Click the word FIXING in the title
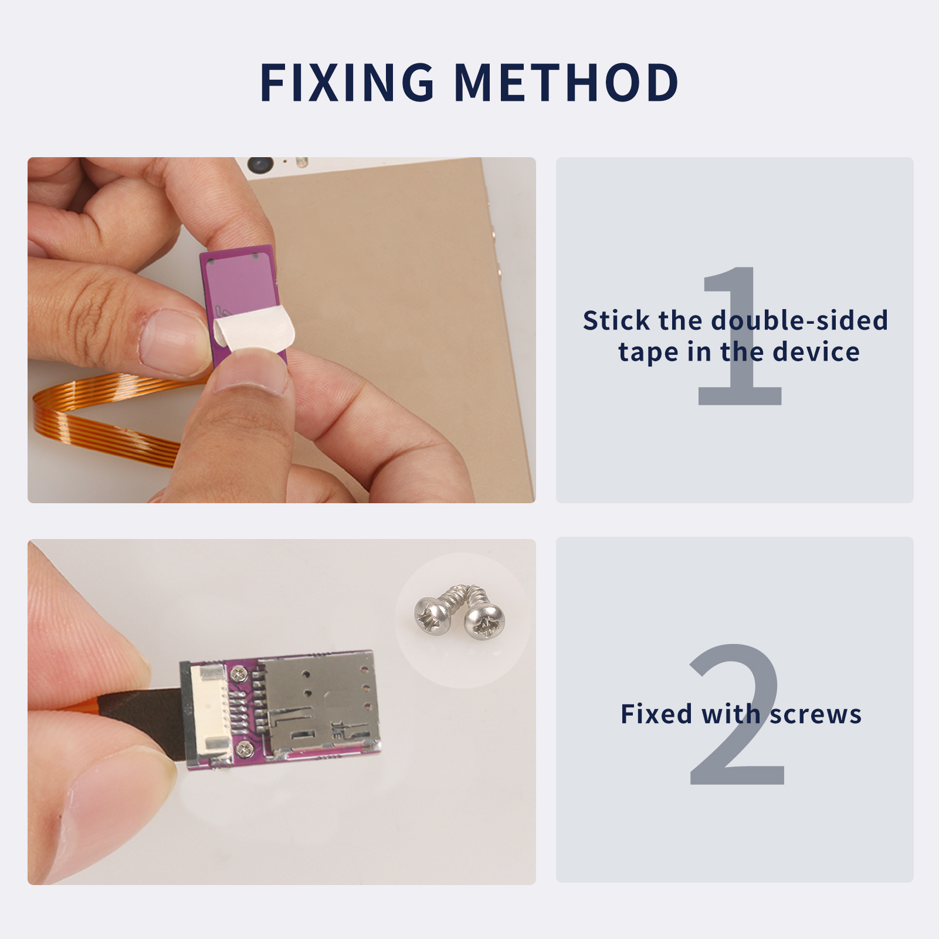pos(347,82)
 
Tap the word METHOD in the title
pos(567,82)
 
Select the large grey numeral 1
pos(740,335)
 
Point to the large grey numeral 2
pos(737,714)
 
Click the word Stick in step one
pos(616,321)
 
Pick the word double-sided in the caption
pos(799,321)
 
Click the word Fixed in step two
pos(657,714)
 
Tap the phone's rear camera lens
pos(260,165)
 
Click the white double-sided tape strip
pos(253,332)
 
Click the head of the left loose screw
pos(433,614)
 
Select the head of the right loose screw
pos(484,621)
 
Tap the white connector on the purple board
pos(208,714)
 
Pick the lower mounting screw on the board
pos(242,749)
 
